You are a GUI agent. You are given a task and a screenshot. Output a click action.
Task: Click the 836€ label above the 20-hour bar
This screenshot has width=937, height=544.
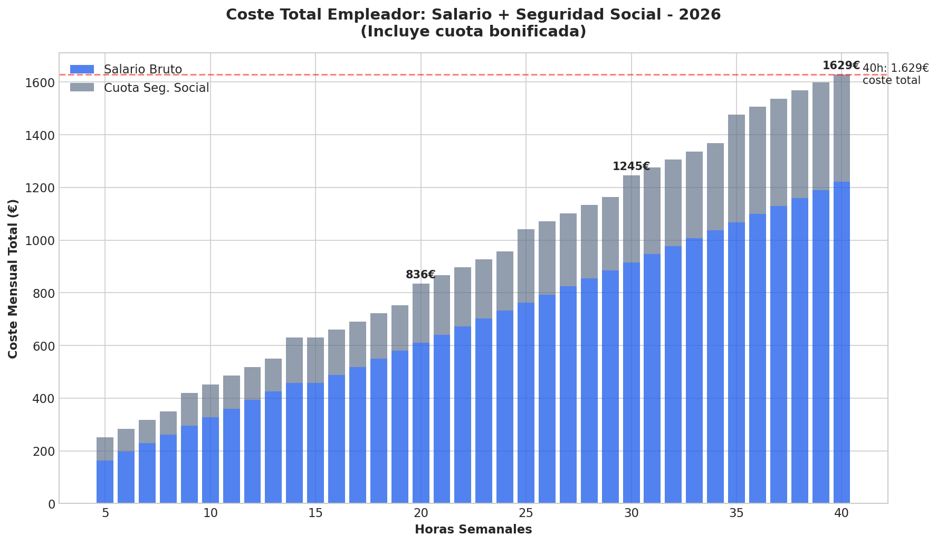[420, 275]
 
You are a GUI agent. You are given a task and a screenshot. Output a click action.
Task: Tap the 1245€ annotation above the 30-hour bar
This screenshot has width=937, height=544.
[630, 166]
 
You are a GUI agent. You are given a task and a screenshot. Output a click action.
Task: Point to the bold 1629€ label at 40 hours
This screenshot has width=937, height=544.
[841, 65]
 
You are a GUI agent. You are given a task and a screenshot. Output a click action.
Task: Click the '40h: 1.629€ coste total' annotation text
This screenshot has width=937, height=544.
[895, 74]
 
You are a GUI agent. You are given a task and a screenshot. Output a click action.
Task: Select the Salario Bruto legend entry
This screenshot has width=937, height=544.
[142, 69]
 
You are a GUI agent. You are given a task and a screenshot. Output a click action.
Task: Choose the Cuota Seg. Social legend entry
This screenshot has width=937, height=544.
[156, 88]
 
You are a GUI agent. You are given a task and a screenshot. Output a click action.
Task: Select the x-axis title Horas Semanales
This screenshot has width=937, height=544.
[473, 529]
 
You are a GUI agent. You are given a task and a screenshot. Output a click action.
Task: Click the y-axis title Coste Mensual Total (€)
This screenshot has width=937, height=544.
[13, 278]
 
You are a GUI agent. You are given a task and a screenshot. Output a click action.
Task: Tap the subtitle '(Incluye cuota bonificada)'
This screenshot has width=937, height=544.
[473, 32]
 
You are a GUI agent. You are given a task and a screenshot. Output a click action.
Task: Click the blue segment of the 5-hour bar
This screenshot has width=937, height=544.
[105, 482]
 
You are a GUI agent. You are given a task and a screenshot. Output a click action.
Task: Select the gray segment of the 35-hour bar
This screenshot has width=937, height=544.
[736, 168]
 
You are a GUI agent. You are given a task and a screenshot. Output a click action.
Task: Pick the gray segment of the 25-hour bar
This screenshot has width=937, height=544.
[525, 266]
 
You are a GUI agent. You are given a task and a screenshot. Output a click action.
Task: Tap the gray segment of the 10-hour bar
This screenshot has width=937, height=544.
[210, 401]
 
